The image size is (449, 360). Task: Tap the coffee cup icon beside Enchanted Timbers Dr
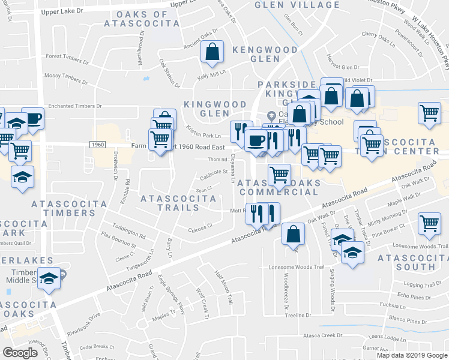(x=32, y=119)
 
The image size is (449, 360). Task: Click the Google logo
(x=20, y=352)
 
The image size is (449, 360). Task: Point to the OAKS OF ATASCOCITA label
(x=142, y=19)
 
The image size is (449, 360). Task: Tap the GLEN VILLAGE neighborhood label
(x=297, y=5)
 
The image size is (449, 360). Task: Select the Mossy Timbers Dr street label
(x=70, y=77)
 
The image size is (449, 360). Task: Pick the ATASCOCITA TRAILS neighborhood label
(x=170, y=203)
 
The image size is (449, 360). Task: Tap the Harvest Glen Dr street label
(x=343, y=67)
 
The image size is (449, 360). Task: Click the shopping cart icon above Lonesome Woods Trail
(x=430, y=224)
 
